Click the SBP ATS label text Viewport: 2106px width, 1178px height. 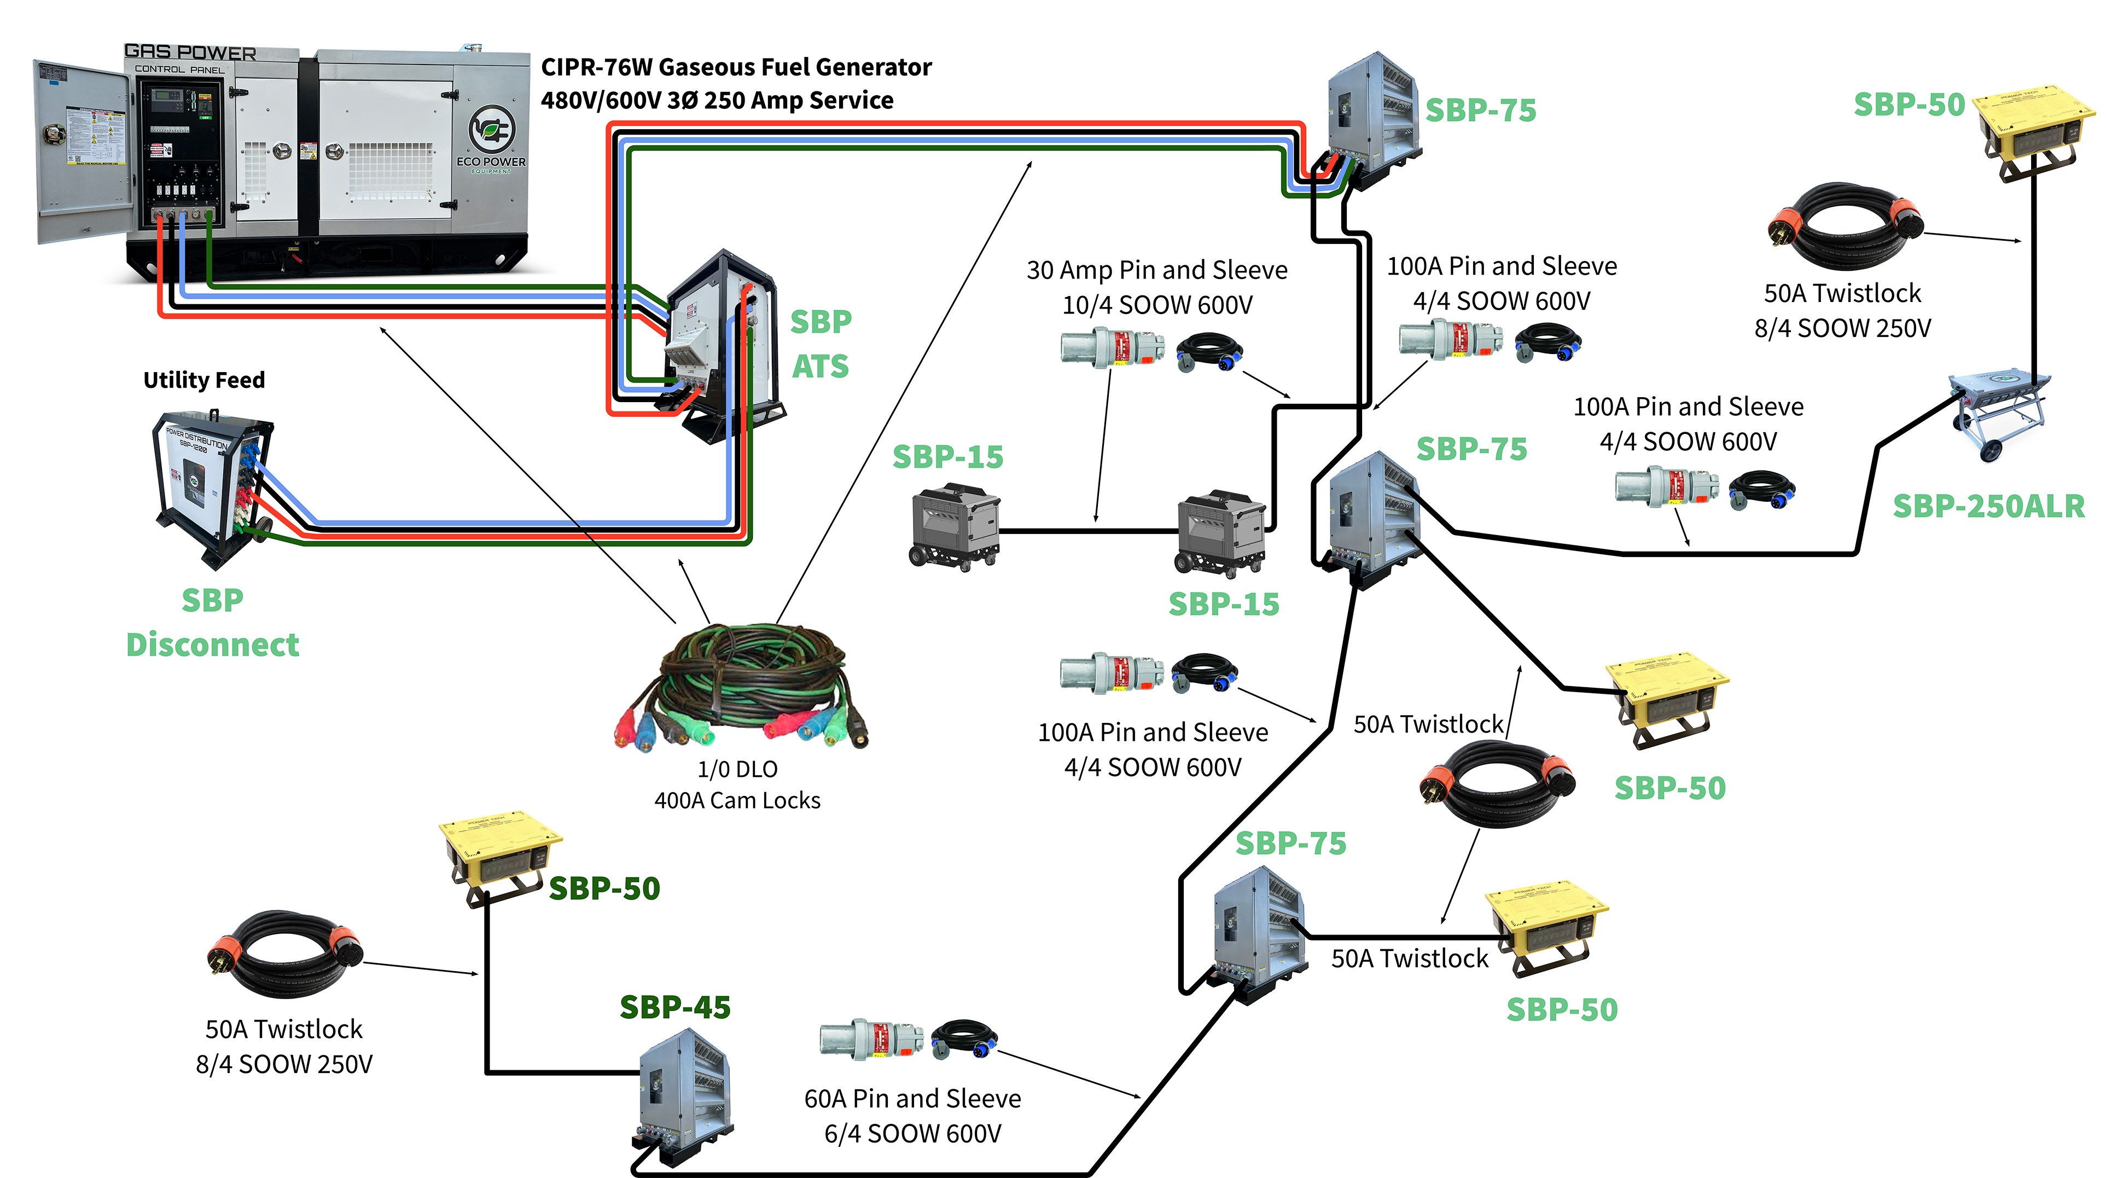click(820, 344)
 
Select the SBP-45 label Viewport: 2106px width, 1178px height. click(674, 1007)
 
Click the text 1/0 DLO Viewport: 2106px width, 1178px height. click(737, 769)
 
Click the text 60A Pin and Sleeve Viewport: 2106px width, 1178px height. click(912, 1099)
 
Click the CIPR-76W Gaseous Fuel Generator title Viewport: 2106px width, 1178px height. click(736, 67)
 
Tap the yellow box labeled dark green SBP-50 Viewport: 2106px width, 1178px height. click(499, 858)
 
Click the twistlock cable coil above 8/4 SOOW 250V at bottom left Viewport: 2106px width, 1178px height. click(284, 954)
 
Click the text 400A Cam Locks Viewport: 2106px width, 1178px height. click(737, 800)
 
